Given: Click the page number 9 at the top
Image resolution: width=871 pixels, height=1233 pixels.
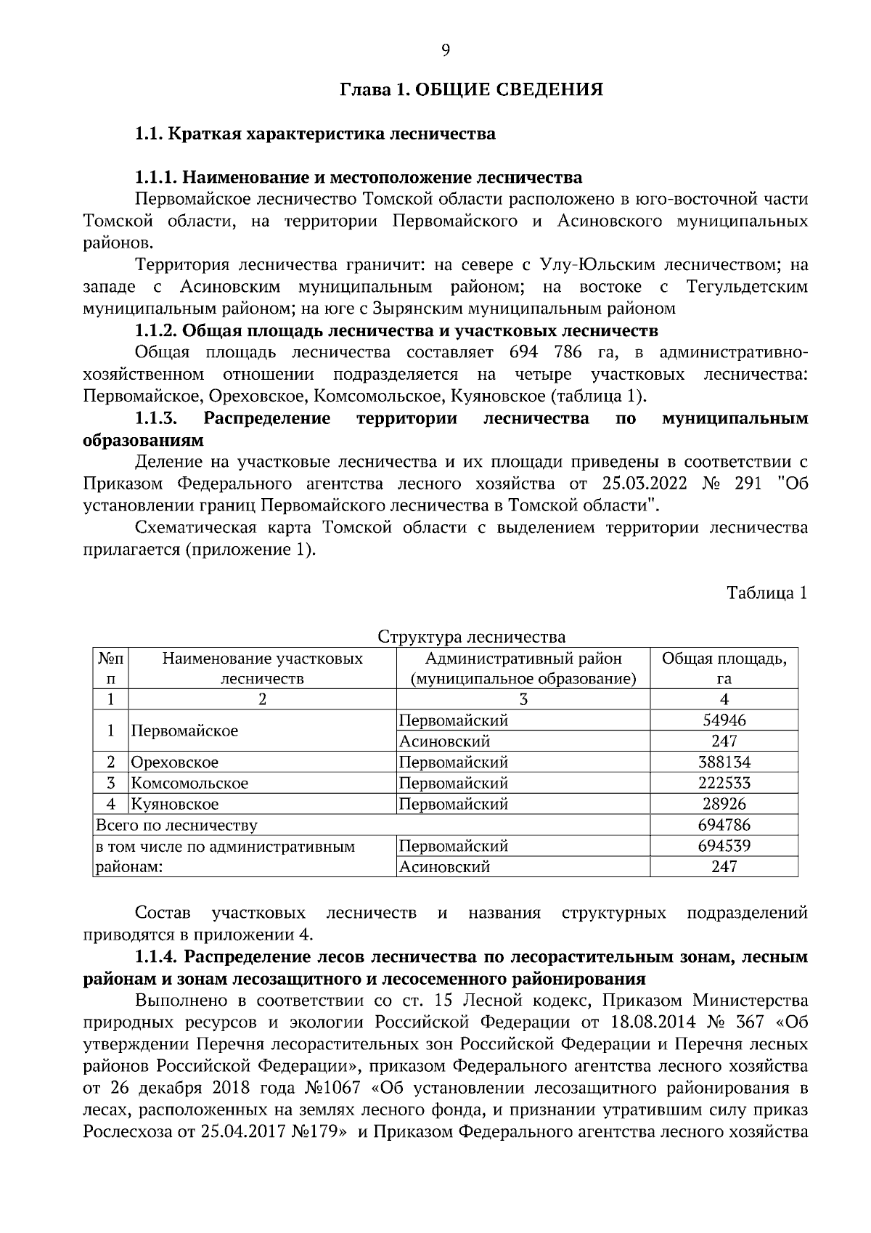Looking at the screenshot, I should (445, 49).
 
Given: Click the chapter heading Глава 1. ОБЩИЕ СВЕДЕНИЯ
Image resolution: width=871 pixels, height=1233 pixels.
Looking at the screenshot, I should (472, 90).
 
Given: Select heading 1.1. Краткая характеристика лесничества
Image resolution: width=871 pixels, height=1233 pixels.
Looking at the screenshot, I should (315, 134).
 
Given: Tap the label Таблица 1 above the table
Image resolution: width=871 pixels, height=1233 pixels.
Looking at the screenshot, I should (767, 593).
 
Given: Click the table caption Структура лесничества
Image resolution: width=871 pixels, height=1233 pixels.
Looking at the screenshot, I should (472, 637).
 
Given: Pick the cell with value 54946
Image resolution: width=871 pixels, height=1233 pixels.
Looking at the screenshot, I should (724, 720).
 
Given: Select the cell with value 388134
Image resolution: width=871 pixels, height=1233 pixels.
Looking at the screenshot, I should (724, 762).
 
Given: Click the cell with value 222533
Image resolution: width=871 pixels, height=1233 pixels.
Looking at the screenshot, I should (724, 784).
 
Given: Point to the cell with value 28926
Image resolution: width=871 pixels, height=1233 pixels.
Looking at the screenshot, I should (724, 804).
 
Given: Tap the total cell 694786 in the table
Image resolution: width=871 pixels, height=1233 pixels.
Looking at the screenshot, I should (724, 825).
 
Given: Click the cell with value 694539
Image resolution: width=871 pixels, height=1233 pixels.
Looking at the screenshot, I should (724, 846).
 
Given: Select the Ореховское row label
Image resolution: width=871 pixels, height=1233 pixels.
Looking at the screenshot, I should (175, 762).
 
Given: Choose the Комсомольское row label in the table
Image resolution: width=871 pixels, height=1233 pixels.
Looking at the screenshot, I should (189, 784).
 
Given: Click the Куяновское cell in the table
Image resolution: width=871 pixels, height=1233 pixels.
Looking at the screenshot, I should (175, 804).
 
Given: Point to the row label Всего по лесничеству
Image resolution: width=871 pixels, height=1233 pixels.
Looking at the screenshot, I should (177, 825).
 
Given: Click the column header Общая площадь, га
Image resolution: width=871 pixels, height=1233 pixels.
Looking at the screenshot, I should (724, 669).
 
